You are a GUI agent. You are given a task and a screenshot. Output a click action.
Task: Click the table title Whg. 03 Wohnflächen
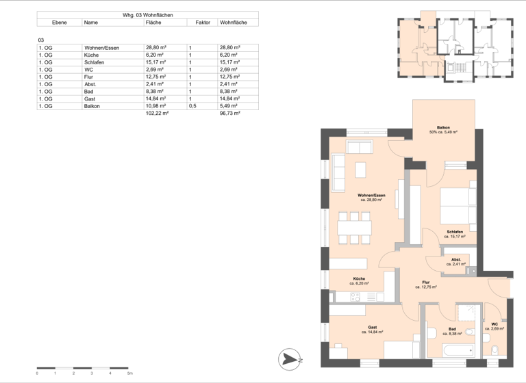147,14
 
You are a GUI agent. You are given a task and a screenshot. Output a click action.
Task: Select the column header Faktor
202,23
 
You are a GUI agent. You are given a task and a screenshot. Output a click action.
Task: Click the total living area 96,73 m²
229,114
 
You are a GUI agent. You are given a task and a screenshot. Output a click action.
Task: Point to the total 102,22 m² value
157,114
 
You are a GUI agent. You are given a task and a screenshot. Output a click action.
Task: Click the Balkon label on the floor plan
444,128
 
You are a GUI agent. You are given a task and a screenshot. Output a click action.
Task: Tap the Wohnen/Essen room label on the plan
371,196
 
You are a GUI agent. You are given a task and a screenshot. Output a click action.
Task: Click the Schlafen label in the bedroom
454,233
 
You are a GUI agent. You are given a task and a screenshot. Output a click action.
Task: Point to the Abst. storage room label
455,260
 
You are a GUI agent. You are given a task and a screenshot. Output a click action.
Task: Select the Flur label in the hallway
425,282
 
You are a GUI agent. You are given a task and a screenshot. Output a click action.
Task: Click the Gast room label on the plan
372,328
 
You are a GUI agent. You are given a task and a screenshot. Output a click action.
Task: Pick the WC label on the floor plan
494,325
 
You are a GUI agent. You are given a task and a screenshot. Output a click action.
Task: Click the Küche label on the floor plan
360,279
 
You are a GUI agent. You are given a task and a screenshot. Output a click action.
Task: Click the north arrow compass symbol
290,359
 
